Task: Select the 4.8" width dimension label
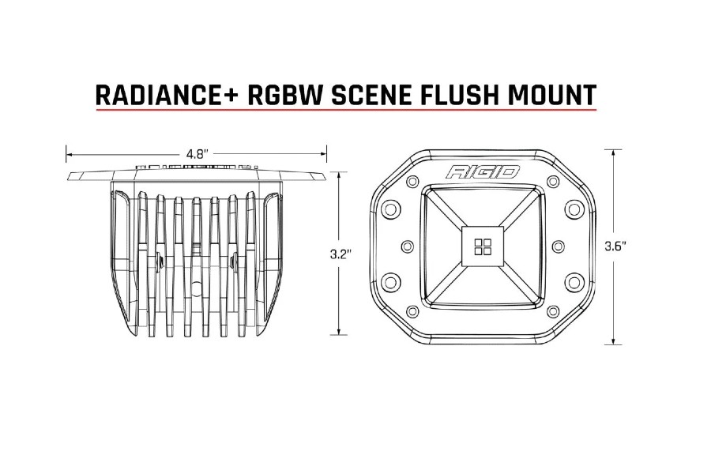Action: tap(195, 155)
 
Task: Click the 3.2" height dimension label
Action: tap(340, 254)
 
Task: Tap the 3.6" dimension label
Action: tap(615, 246)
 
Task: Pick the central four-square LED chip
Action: tap(481, 246)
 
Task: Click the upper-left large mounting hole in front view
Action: tap(389, 209)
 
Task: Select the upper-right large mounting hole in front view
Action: tap(574, 209)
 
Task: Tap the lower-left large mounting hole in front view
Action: tap(389, 282)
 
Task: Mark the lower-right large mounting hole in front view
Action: tap(574, 282)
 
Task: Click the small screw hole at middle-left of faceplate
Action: tap(407, 246)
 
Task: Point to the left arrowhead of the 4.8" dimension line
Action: tap(69, 154)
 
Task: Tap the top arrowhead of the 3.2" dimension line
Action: tap(340, 175)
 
